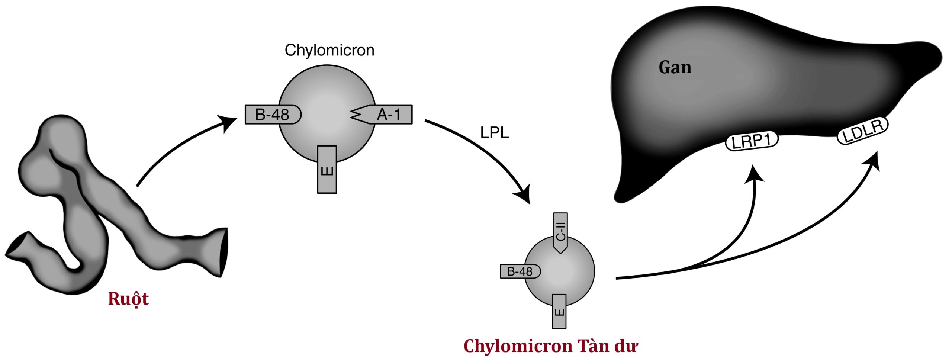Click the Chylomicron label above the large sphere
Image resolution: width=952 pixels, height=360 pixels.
point(329,50)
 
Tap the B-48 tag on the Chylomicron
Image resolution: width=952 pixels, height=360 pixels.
point(272,115)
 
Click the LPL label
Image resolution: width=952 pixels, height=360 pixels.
point(494,133)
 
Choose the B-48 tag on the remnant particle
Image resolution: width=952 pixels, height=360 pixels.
point(520,271)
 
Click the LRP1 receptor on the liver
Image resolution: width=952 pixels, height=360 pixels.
point(752,142)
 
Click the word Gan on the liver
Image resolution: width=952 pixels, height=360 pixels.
point(675,68)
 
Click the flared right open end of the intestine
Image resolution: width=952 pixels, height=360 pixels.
point(223,252)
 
